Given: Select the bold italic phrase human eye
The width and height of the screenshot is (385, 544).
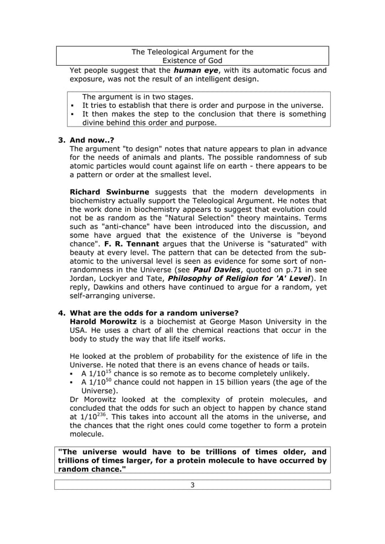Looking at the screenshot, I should click(x=194, y=70).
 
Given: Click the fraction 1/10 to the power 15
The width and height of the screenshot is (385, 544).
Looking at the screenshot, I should click(x=95, y=373).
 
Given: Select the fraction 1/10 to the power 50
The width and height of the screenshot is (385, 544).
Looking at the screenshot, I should click(x=95, y=382).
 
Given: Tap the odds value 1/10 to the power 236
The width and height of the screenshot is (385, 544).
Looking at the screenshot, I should click(x=88, y=417).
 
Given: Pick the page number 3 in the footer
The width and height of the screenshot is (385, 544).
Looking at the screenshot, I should click(x=192, y=484).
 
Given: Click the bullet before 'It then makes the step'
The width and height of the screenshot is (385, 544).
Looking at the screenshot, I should click(x=72, y=113).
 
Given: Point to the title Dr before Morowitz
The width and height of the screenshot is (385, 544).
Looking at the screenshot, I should click(x=75, y=399).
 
